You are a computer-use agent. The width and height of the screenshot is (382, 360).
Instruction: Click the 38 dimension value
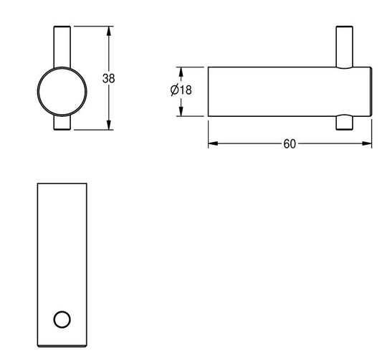click(x=108, y=78)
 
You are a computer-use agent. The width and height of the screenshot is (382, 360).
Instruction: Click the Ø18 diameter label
click(x=181, y=90)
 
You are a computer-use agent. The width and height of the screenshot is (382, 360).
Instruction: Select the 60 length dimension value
click(x=290, y=144)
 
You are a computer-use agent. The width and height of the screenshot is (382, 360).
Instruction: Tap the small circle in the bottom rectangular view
click(x=62, y=320)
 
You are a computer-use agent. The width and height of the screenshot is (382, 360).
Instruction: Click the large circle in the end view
click(x=37, y=92)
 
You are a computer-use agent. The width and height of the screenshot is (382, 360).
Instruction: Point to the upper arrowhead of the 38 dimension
click(x=109, y=32)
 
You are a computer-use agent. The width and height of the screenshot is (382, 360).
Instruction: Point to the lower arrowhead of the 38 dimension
click(x=109, y=125)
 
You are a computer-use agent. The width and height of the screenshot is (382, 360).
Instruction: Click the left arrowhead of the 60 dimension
click(x=213, y=143)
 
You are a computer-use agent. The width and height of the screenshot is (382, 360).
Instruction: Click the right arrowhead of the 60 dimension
click(x=367, y=143)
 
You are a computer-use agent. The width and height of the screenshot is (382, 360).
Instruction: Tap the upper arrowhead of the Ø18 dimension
click(x=181, y=72)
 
